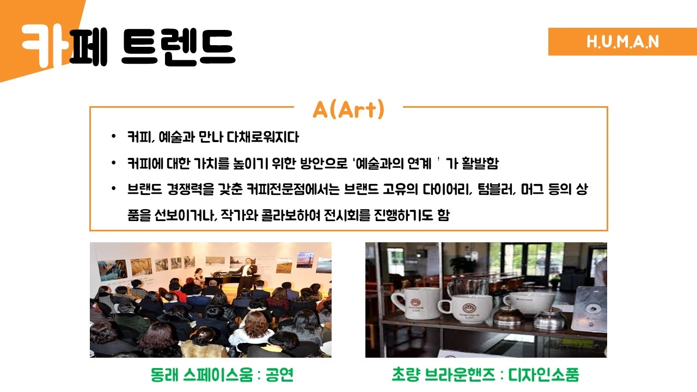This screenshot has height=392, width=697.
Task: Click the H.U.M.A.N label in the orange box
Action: [622, 42]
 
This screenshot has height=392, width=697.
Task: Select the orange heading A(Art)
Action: [348, 109]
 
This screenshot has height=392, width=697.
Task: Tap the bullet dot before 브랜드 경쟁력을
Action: [113, 189]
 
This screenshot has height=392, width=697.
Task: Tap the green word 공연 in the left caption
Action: [279, 375]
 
